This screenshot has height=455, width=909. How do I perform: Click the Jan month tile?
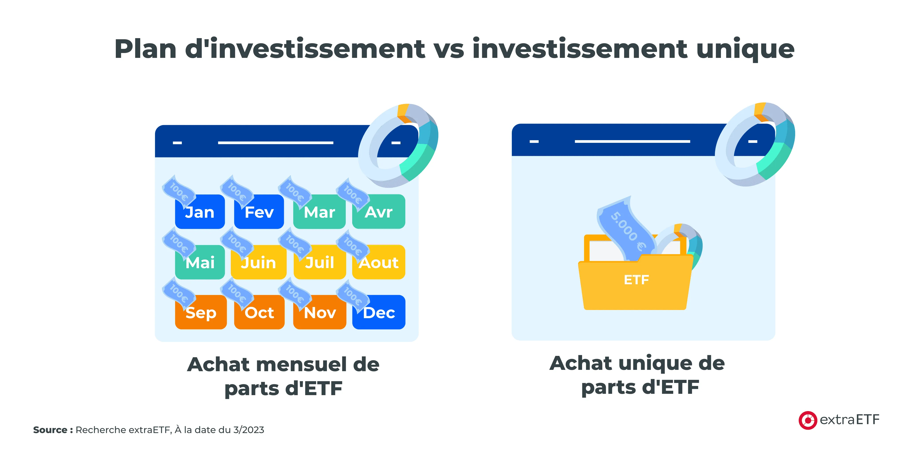coord(200,212)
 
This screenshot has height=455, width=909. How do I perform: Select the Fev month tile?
coord(259,212)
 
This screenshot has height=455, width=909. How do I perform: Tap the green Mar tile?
coord(319,212)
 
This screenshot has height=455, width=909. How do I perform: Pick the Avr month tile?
coord(379,212)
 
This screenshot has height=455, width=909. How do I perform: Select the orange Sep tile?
coord(201,312)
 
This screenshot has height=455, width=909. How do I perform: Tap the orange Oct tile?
coord(259,312)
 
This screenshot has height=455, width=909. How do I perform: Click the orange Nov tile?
coord(320,312)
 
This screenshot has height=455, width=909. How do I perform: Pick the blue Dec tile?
coord(379,312)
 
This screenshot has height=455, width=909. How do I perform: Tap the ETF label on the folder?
coord(636,280)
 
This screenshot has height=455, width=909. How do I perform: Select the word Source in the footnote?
coord(50,430)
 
